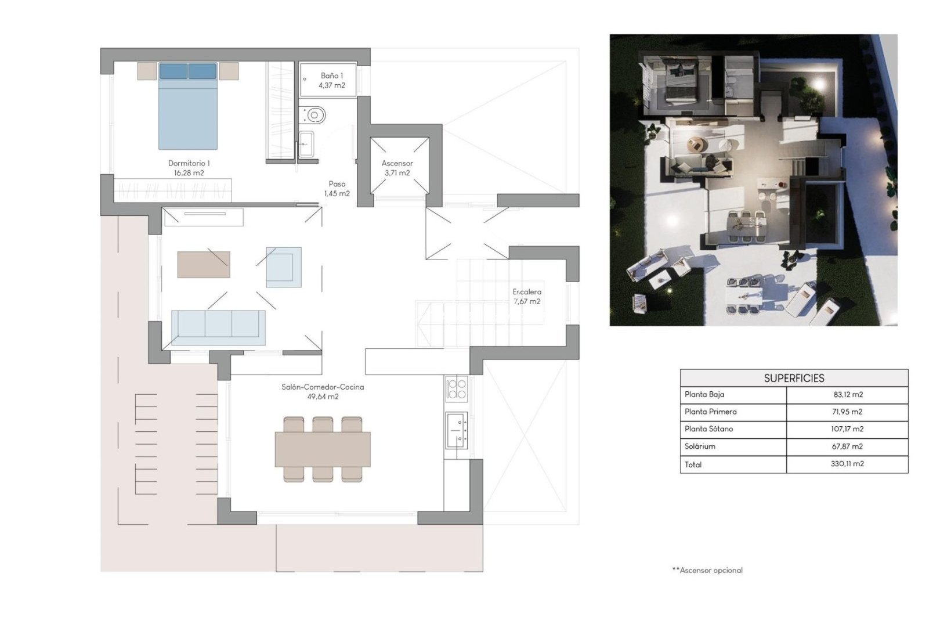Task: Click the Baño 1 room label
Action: [331, 80]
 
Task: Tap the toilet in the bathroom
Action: [314, 114]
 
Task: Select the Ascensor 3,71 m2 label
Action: [397, 168]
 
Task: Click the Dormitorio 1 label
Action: [189, 168]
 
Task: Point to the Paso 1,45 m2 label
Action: [337, 189]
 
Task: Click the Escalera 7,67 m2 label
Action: [527, 297]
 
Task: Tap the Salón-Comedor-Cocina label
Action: [323, 391]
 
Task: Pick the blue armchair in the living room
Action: [284, 267]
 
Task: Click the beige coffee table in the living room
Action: [204, 265]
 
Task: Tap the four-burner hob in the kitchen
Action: [457, 388]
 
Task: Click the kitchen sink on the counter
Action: [457, 430]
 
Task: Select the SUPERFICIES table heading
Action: [794, 378]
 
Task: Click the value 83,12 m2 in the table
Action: [848, 395]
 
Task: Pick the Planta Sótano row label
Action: [708, 429]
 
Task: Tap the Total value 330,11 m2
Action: [847, 464]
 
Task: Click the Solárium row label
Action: [700, 446]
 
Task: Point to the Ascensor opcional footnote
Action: [707, 570]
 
